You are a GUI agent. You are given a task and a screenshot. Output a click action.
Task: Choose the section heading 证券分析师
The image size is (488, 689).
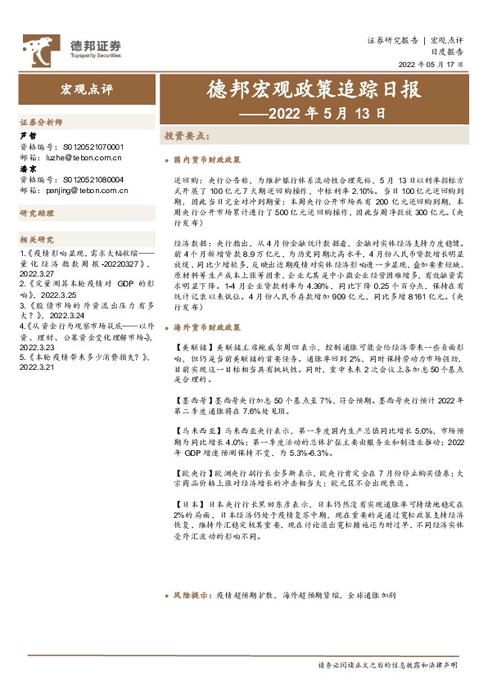coord(40,121)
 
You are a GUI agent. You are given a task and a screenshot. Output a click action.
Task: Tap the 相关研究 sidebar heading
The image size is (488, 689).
coord(36,239)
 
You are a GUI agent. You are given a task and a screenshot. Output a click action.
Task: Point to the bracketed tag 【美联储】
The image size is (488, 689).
coord(192,348)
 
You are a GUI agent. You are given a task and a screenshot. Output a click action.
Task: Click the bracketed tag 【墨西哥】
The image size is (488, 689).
coord(192,401)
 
